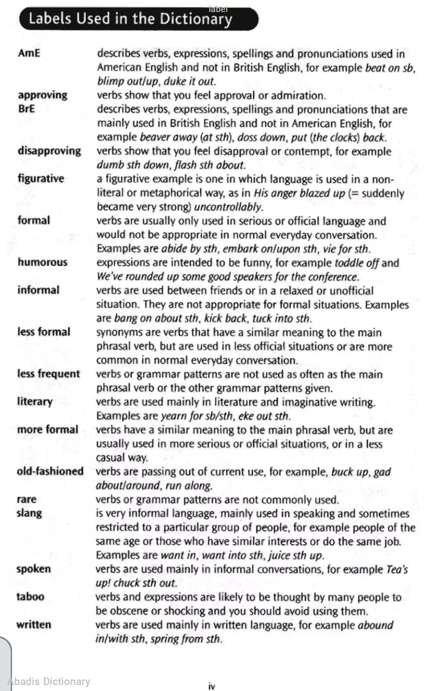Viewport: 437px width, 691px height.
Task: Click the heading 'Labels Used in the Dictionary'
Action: tap(130, 19)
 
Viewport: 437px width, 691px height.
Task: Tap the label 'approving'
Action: tap(43, 96)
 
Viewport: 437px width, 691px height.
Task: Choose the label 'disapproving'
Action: tap(49, 151)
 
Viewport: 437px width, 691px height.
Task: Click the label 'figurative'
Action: tap(40, 178)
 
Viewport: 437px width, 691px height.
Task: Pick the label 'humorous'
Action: tap(43, 262)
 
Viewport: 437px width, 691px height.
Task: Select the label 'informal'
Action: tap(38, 290)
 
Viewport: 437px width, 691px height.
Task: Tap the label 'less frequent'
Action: tap(49, 374)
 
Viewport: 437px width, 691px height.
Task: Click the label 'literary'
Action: tap(35, 402)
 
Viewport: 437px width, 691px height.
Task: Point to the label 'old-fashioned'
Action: tap(50, 471)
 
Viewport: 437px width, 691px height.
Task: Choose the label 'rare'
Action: tap(27, 499)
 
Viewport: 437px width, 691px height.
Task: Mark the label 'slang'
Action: tap(29, 513)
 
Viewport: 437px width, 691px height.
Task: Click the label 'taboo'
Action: tap(31, 597)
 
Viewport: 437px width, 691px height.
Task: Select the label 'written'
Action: tap(34, 624)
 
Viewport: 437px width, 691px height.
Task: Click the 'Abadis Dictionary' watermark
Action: tap(49, 681)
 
